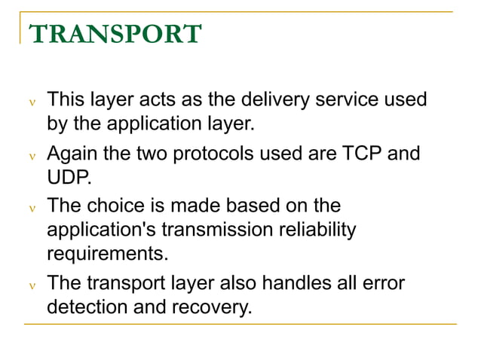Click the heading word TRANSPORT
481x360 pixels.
tap(115, 34)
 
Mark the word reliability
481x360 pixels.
tap(317, 229)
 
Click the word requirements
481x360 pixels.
tap(106, 253)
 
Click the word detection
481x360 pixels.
tap(84, 307)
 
